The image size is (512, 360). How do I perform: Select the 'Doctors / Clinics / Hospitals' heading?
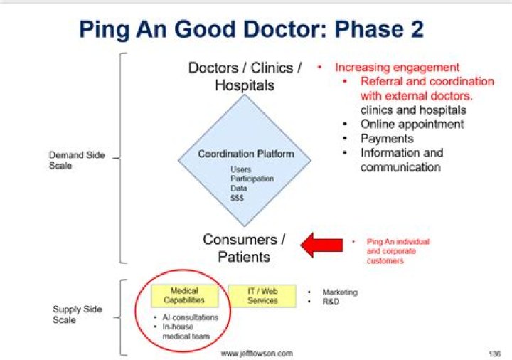coord(245,76)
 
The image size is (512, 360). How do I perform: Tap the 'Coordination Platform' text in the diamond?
coord(245,154)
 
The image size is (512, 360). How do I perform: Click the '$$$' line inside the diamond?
coord(237,198)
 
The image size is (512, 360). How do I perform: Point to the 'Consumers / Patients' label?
coord(244,248)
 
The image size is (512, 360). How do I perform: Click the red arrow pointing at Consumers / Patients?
coord(323,244)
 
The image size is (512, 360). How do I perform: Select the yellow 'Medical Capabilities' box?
coord(184,295)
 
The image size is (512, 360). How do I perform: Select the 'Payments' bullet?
coord(386,138)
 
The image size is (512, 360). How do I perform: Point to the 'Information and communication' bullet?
coord(400,160)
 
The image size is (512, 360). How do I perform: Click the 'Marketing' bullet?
coord(339,292)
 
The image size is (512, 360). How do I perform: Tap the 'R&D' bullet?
coord(331,302)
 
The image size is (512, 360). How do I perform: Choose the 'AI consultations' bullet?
coord(191,317)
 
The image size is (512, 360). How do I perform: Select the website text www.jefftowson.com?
coord(256,353)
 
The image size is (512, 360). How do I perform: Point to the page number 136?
coord(494,353)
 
